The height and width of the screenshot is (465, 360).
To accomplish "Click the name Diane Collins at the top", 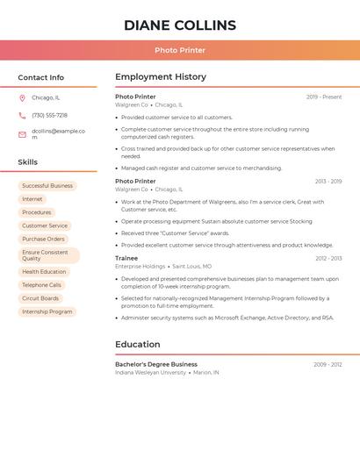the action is pyautogui.click(x=180, y=25).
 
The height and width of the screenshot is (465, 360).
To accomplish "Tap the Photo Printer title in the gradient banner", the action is pyautogui.click(x=180, y=50).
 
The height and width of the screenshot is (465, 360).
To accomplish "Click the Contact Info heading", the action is pyautogui.click(x=41, y=77).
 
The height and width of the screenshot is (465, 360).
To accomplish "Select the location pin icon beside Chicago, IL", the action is pyautogui.click(x=22, y=98).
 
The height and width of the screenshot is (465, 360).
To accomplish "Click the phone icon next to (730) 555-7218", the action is pyautogui.click(x=22, y=116).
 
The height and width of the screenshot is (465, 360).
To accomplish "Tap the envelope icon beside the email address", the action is pyautogui.click(x=22, y=134).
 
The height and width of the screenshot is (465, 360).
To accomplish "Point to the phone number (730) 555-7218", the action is pyautogui.click(x=49, y=116).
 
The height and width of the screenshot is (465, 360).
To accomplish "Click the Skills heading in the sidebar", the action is pyautogui.click(x=28, y=162).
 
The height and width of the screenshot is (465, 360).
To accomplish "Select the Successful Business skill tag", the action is pyautogui.click(x=47, y=186).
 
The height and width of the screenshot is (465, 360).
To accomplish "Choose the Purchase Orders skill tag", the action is pyautogui.click(x=44, y=239).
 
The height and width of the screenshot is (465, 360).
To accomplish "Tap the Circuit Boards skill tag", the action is pyautogui.click(x=40, y=298).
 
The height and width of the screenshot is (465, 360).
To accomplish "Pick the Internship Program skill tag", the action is pyautogui.click(x=47, y=311).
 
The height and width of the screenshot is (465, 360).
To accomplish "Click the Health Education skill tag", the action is pyautogui.click(x=44, y=272).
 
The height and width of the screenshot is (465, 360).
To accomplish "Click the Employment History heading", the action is pyautogui.click(x=161, y=77).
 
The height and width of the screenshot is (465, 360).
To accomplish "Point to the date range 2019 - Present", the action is pyautogui.click(x=324, y=97).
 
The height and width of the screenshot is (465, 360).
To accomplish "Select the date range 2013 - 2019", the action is pyautogui.click(x=328, y=182).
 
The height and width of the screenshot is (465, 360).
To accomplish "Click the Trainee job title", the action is pyautogui.click(x=126, y=258).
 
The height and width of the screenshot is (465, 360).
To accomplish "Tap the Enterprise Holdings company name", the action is pyautogui.click(x=140, y=266).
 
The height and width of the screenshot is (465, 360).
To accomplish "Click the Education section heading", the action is pyautogui.click(x=138, y=344).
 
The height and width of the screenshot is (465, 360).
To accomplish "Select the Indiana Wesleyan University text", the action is pyautogui.click(x=151, y=372).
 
